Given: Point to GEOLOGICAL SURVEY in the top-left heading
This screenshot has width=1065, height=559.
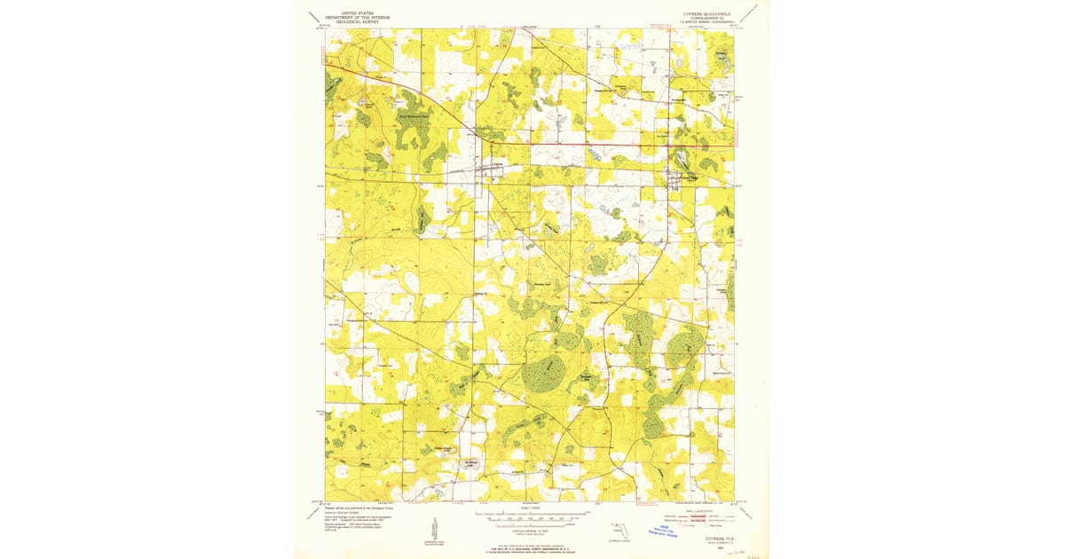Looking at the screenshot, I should pyautogui.click(x=351, y=20).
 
